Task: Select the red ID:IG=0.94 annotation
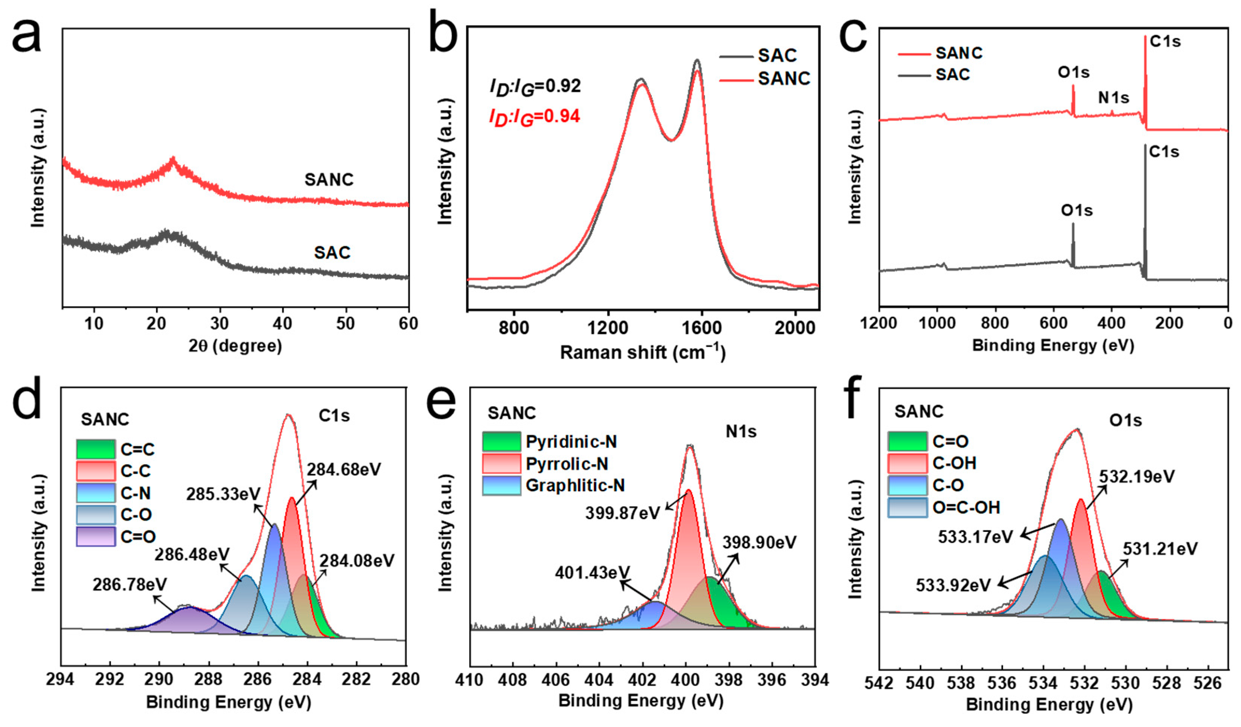tap(534, 117)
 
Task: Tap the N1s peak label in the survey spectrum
tap(1113, 98)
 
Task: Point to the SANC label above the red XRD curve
tap(329, 179)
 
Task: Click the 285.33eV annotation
tap(223, 494)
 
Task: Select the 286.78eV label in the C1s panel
tap(130, 585)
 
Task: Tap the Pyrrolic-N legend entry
tap(566, 464)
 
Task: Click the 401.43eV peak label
tap(592, 573)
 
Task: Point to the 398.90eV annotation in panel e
tap(759, 543)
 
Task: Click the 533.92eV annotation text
tap(953, 586)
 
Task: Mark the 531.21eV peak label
tap(1160, 549)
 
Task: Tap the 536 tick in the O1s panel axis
tap(1002, 684)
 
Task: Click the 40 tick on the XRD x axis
tap(282, 324)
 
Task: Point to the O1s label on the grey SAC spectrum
tap(1077, 211)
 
